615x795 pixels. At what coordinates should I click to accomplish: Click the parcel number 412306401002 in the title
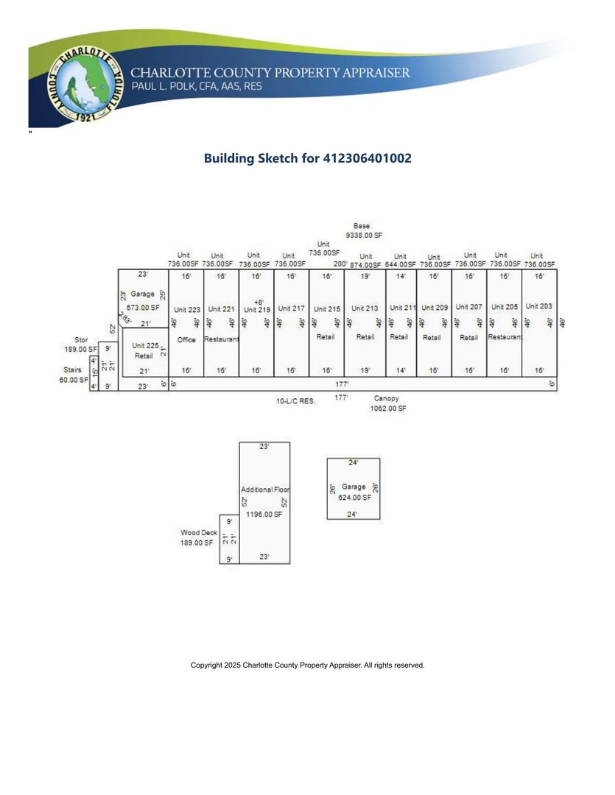click(367, 158)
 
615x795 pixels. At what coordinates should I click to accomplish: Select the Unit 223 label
click(187, 310)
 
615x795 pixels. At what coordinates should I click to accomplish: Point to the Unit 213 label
click(365, 308)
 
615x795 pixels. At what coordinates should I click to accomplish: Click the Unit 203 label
click(539, 306)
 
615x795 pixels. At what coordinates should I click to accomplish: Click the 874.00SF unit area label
click(365, 265)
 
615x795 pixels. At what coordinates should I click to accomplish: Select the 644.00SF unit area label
click(400, 264)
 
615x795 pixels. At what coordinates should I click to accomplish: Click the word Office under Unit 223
click(186, 339)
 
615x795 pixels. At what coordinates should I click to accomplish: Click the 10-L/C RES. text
click(295, 402)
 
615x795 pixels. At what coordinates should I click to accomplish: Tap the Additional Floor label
click(265, 490)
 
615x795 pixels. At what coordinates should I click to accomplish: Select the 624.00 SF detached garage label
click(354, 498)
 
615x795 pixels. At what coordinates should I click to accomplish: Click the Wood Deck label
click(199, 532)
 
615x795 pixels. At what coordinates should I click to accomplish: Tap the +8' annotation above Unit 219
click(259, 302)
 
